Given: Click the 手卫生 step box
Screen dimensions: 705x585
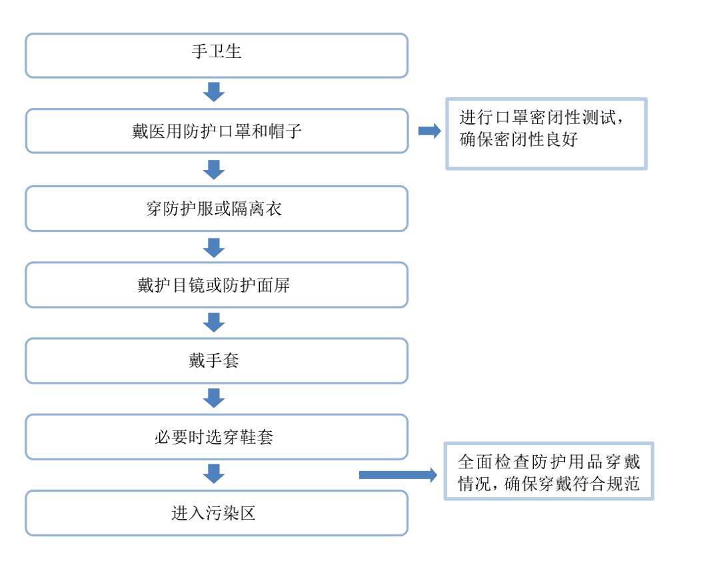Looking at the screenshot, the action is tap(217, 55).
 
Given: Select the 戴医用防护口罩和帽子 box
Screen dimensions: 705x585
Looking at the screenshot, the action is tap(217, 131).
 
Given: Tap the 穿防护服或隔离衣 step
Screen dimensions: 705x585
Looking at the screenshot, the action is tap(217, 209).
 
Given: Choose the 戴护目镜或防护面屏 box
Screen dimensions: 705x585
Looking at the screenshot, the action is tap(217, 285).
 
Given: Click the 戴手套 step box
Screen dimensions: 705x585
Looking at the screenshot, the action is tap(217, 360).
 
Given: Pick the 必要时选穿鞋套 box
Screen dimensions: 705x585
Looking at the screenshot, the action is tap(217, 436).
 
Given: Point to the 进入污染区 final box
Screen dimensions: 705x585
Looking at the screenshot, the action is tap(217, 513).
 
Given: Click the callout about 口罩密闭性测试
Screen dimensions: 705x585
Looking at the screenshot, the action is tap(546, 133).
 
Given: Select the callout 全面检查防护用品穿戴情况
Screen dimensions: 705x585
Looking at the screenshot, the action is tap(548, 471).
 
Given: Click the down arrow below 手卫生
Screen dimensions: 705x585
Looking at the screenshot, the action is tap(214, 92).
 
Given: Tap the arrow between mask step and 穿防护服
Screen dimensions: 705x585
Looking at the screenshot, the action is tap(214, 169).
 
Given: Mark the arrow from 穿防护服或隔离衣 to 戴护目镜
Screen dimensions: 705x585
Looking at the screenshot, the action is tap(214, 248).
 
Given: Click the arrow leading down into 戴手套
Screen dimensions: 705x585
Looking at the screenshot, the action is tap(214, 322).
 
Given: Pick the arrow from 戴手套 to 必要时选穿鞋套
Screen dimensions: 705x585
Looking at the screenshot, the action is tap(214, 398).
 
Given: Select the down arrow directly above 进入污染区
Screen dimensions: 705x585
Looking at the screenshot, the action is tap(214, 474).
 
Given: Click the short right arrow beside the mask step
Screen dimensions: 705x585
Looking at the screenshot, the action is tap(429, 131).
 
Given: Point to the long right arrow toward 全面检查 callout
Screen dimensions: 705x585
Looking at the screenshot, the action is tap(398, 475).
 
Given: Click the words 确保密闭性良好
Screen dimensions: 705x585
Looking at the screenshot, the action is tap(518, 139).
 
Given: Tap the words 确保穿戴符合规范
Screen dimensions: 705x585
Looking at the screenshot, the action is tap(572, 484).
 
